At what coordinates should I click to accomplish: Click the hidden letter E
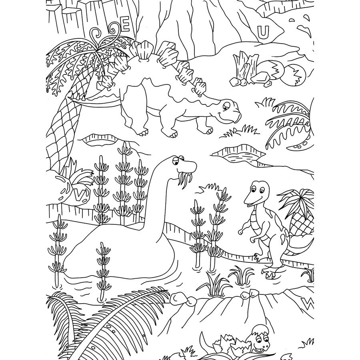pos(125,27)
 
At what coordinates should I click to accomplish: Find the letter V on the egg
pos(80,195)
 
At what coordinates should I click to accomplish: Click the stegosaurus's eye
pos(226,106)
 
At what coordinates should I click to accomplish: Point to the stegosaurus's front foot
pos(170,132)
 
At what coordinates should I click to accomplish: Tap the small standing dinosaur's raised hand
pos(242,231)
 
